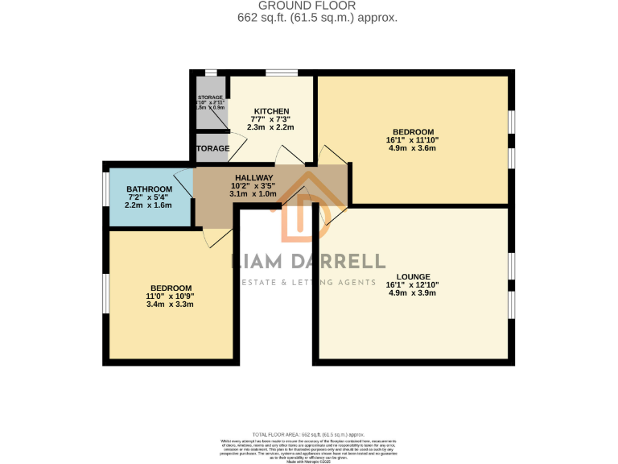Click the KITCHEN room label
271,111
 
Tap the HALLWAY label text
253,178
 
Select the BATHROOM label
148,189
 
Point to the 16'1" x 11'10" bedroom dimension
413,140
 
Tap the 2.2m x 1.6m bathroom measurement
148,205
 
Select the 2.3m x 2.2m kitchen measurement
271,127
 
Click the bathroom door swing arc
184,184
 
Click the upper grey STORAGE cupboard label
211,97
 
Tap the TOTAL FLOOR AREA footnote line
309,433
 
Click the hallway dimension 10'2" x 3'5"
253,186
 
